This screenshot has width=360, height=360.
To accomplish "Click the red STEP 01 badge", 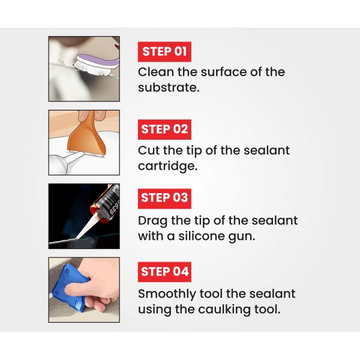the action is [164, 52].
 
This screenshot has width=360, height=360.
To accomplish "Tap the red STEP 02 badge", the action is [164, 129].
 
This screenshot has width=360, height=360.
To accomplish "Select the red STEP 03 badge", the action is [164, 199].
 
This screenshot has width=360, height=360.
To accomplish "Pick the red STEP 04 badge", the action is [164, 272].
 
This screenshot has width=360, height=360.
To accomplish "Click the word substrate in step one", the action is [169, 88].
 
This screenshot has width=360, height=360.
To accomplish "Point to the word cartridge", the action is [167, 166].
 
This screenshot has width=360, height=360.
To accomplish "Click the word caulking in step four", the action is [224, 309].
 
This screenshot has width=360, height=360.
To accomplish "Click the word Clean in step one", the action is [156, 72].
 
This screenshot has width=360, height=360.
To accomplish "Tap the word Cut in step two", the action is [149, 151].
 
